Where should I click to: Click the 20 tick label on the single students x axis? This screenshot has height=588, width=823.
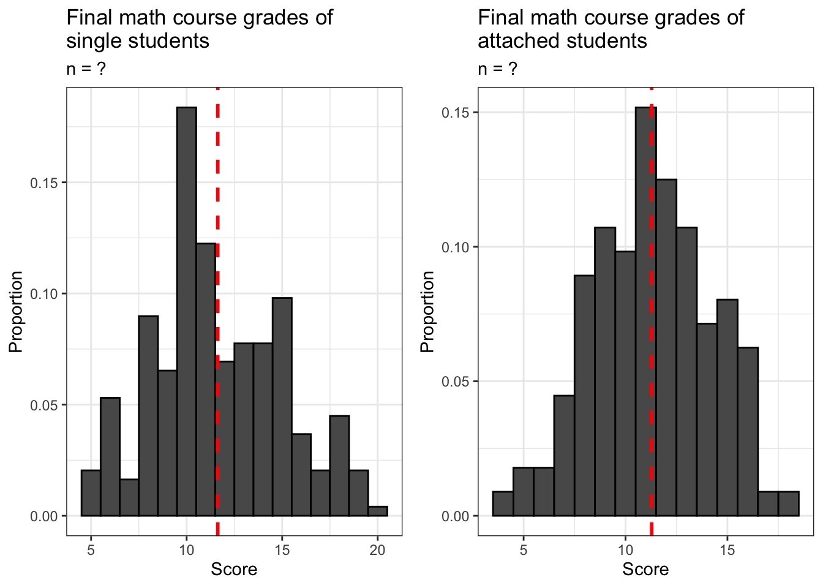pyautogui.click(x=378, y=550)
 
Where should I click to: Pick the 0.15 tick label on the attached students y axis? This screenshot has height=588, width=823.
pyautogui.click(x=456, y=113)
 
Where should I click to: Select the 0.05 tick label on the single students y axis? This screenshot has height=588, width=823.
pyautogui.click(x=44, y=405)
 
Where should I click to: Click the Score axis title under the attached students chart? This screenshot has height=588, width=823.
pyautogui.click(x=645, y=570)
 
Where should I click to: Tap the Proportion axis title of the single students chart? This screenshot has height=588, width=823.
pyautogui.click(x=16, y=311)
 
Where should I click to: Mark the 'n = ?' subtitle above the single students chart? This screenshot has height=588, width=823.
pyautogui.click(x=86, y=69)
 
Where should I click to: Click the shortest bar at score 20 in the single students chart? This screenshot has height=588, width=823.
pyautogui.click(x=378, y=511)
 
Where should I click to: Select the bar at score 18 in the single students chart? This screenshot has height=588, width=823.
pyautogui.click(x=339, y=466)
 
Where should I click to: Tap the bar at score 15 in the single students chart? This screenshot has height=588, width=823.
pyautogui.click(x=282, y=407)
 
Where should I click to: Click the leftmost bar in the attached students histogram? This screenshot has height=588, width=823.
pyautogui.click(x=503, y=504)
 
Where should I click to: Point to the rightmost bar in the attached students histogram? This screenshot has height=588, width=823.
pyautogui.click(x=789, y=504)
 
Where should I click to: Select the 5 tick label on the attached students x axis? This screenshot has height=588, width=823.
pyautogui.click(x=524, y=550)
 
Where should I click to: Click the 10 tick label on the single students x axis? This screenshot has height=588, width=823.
pyautogui.click(x=187, y=550)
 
